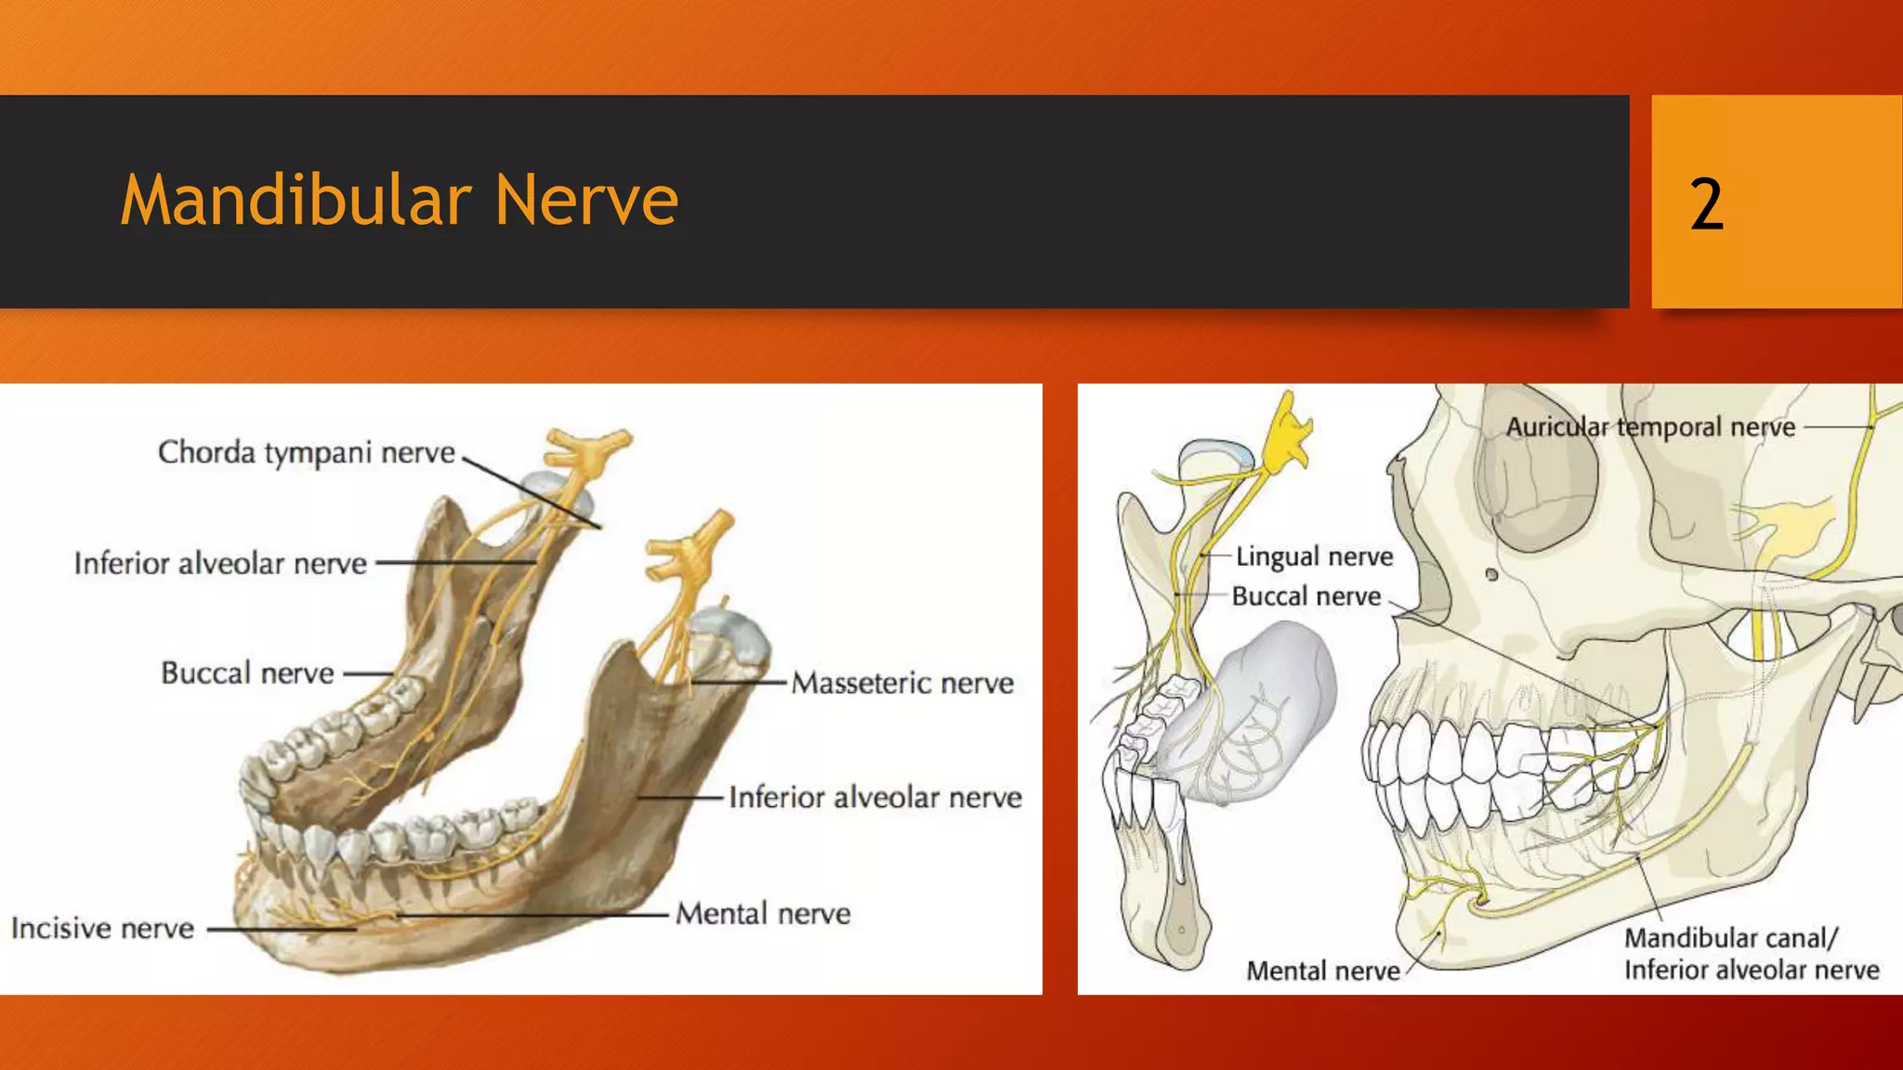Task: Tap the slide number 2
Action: point(1706,204)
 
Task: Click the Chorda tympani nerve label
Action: point(307,452)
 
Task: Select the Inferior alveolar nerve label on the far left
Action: point(220,563)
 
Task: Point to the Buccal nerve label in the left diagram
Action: point(247,672)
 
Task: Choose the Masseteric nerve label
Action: point(902,683)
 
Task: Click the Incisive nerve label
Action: point(102,928)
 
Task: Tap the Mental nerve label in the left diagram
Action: point(763,913)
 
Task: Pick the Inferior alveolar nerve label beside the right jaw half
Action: point(874,797)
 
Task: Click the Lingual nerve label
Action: point(1314,556)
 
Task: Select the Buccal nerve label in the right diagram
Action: point(1306,596)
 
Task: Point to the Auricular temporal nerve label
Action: point(1650,427)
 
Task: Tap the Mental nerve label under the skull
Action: point(1322,971)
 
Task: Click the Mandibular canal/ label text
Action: point(1730,938)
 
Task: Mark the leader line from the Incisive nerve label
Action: point(279,928)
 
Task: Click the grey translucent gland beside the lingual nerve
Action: point(1264,706)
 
